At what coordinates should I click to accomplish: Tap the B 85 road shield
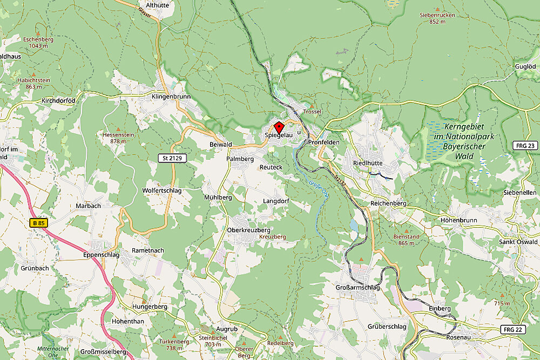pyautogui.click(x=37, y=222)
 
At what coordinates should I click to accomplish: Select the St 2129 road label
pyautogui.click(x=171, y=158)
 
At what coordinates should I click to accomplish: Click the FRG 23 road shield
pyautogui.click(x=525, y=146)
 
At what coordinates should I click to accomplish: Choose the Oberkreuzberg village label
pyautogui.click(x=248, y=230)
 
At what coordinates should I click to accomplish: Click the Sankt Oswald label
pyautogui.click(x=518, y=241)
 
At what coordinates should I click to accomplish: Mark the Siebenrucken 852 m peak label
pyautogui.click(x=437, y=18)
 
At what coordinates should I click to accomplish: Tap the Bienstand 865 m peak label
pyautogui.click(x=407, y=240)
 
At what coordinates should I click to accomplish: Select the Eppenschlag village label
pyautogui.click(x=102, y=255)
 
